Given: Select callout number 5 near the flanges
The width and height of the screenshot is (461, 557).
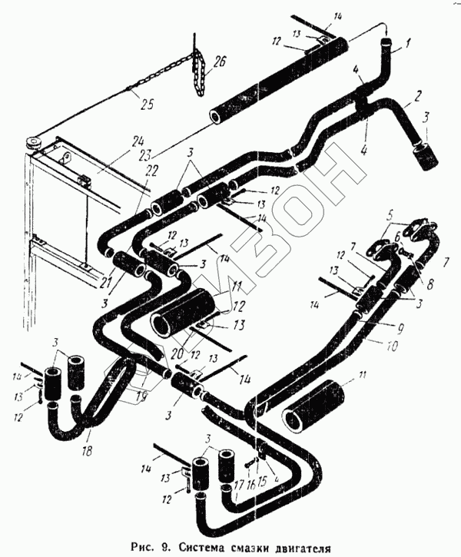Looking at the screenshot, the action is (390, 215).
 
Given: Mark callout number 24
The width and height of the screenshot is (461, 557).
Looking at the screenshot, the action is (138, 142).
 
